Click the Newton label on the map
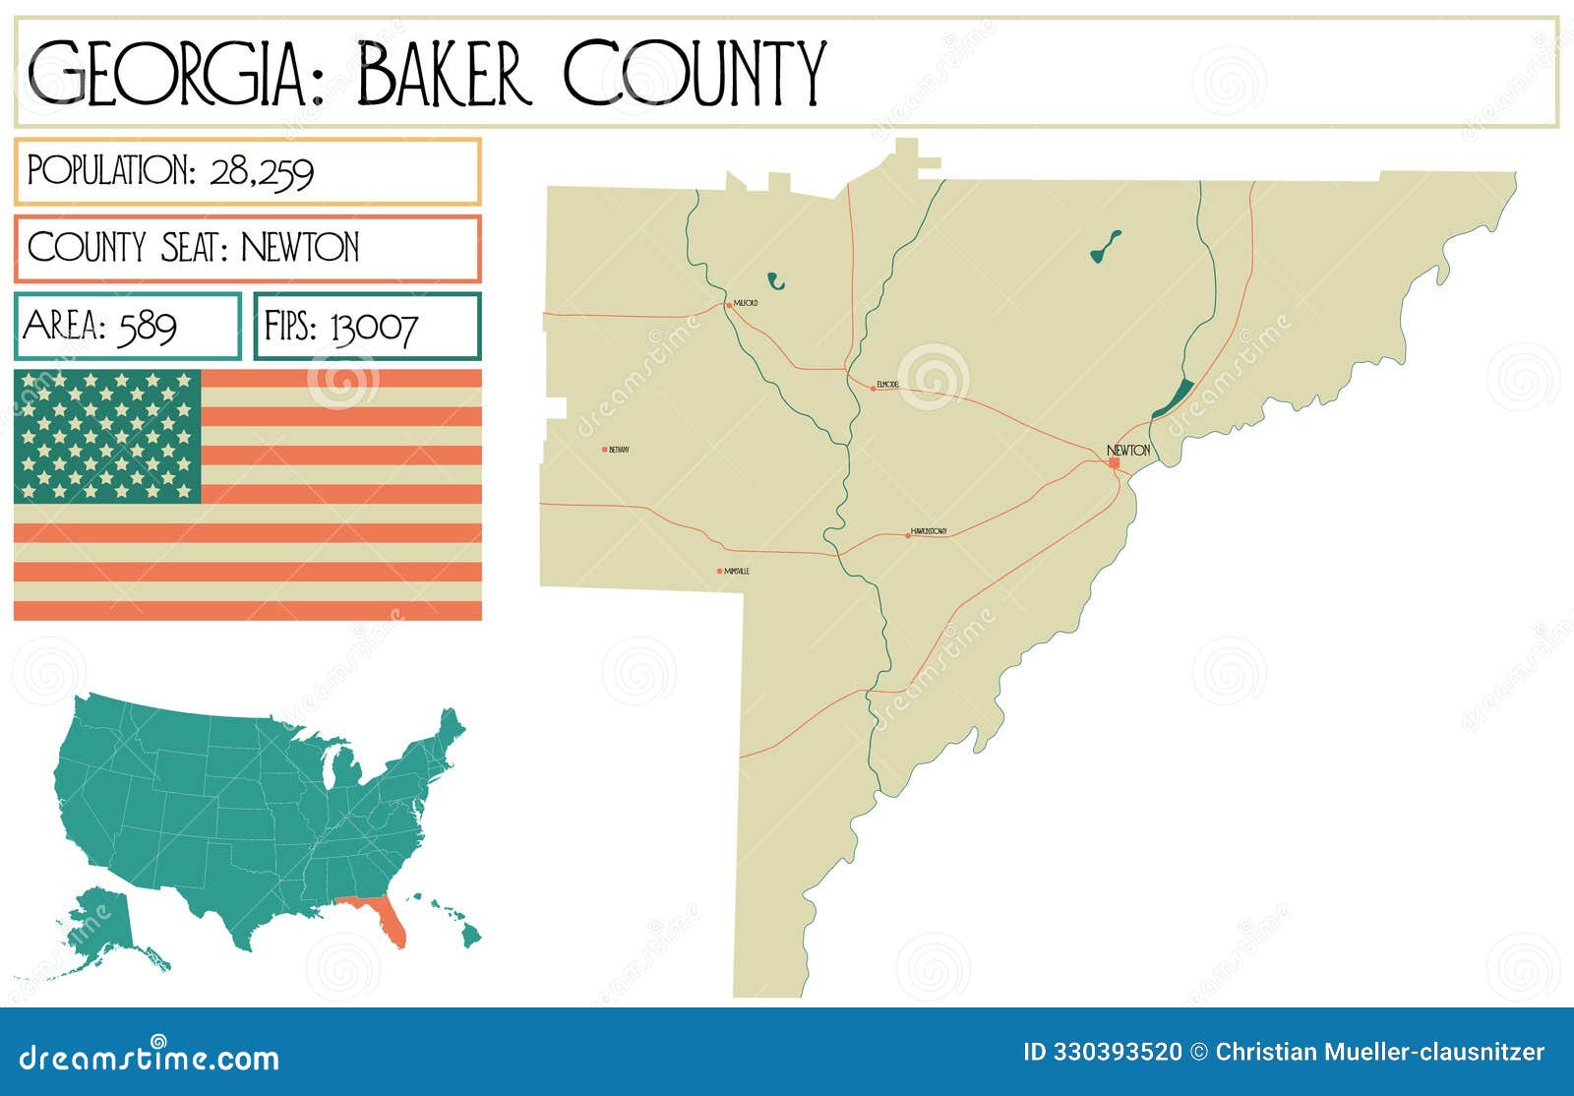coord(1128,450)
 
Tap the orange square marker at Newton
coord(1114,462)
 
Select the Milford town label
coord(746,304)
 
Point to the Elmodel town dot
coord(873,389)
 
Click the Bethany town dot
coord(605,450)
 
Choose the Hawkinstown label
coord(929,531)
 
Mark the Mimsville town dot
coord(720,571)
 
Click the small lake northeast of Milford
coord(776,282)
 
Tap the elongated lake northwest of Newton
coord(1106,247)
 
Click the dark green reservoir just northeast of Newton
coord(1172,398)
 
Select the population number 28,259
coord(262,172)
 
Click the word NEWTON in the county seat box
coord(300,247)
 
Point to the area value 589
coord(147,326)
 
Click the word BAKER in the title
coord(444,74)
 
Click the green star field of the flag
coord(107,436)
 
